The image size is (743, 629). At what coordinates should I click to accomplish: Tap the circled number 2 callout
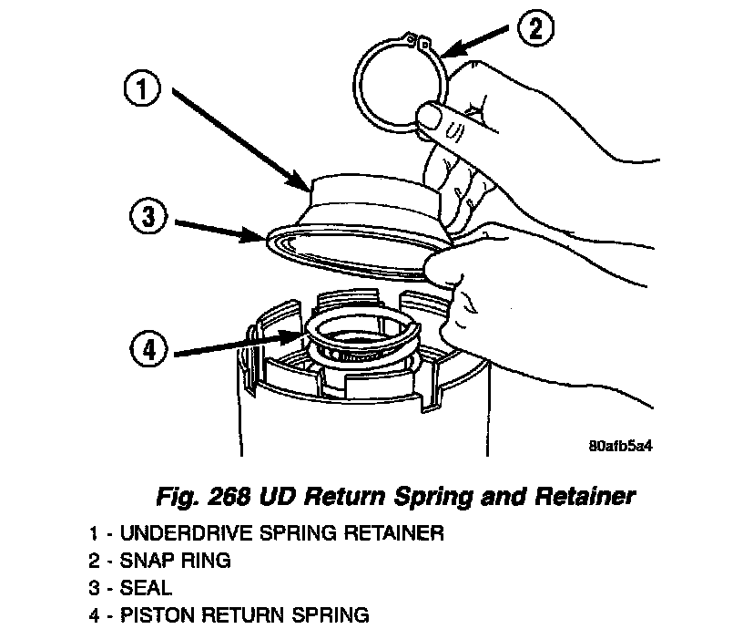tap(535, 27)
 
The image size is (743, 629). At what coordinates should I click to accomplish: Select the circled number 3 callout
tap(146, 220)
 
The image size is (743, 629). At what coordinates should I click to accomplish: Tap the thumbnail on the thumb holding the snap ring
tap(431, 119)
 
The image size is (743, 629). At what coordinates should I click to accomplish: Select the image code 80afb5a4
tap(623, 447)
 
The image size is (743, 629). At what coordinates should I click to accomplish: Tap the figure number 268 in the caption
tap(229, 498)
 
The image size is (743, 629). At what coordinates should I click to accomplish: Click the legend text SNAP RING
tap(173, 561)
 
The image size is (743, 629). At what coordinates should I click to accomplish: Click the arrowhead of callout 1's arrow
tap(306, 188)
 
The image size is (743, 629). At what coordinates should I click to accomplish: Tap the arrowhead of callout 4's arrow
tap(298, 336)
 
